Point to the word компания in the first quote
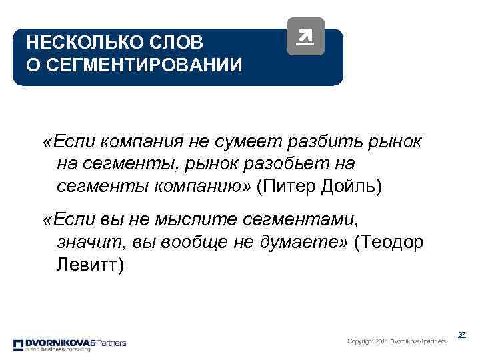[126, 142]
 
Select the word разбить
[323, 142]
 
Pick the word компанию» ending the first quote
[204, 186]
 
